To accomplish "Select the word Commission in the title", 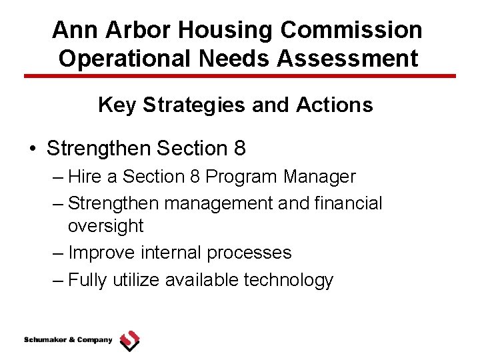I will click(351, 30).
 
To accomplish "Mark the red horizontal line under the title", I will click(240, 76).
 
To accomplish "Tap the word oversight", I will click(105, 227).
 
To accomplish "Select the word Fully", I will click(87, 280).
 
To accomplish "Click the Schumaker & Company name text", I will click(68, 341).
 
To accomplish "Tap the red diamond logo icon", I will click(129, 341).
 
